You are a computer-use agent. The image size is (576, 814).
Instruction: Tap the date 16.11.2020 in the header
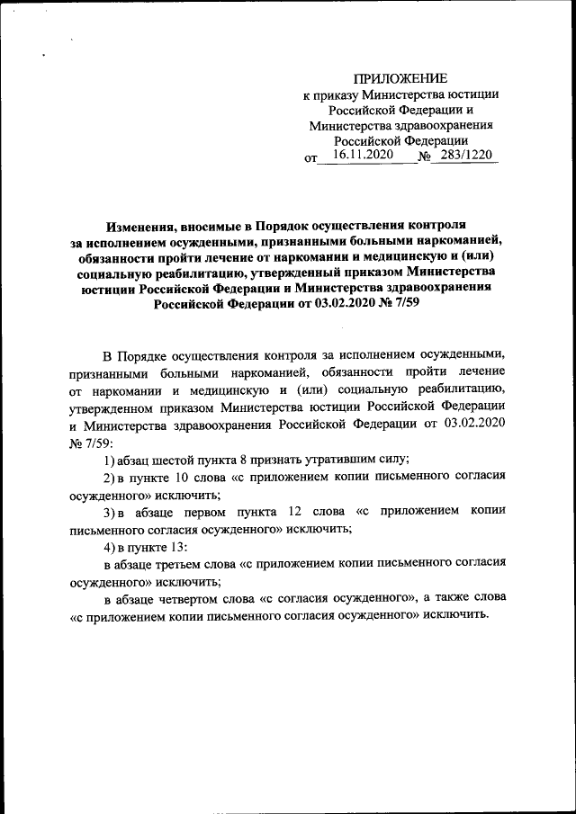[355, 155]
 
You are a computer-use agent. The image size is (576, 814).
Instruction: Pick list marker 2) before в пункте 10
[111, 477]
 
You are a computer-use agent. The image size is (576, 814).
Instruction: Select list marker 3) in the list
[111, 511]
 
